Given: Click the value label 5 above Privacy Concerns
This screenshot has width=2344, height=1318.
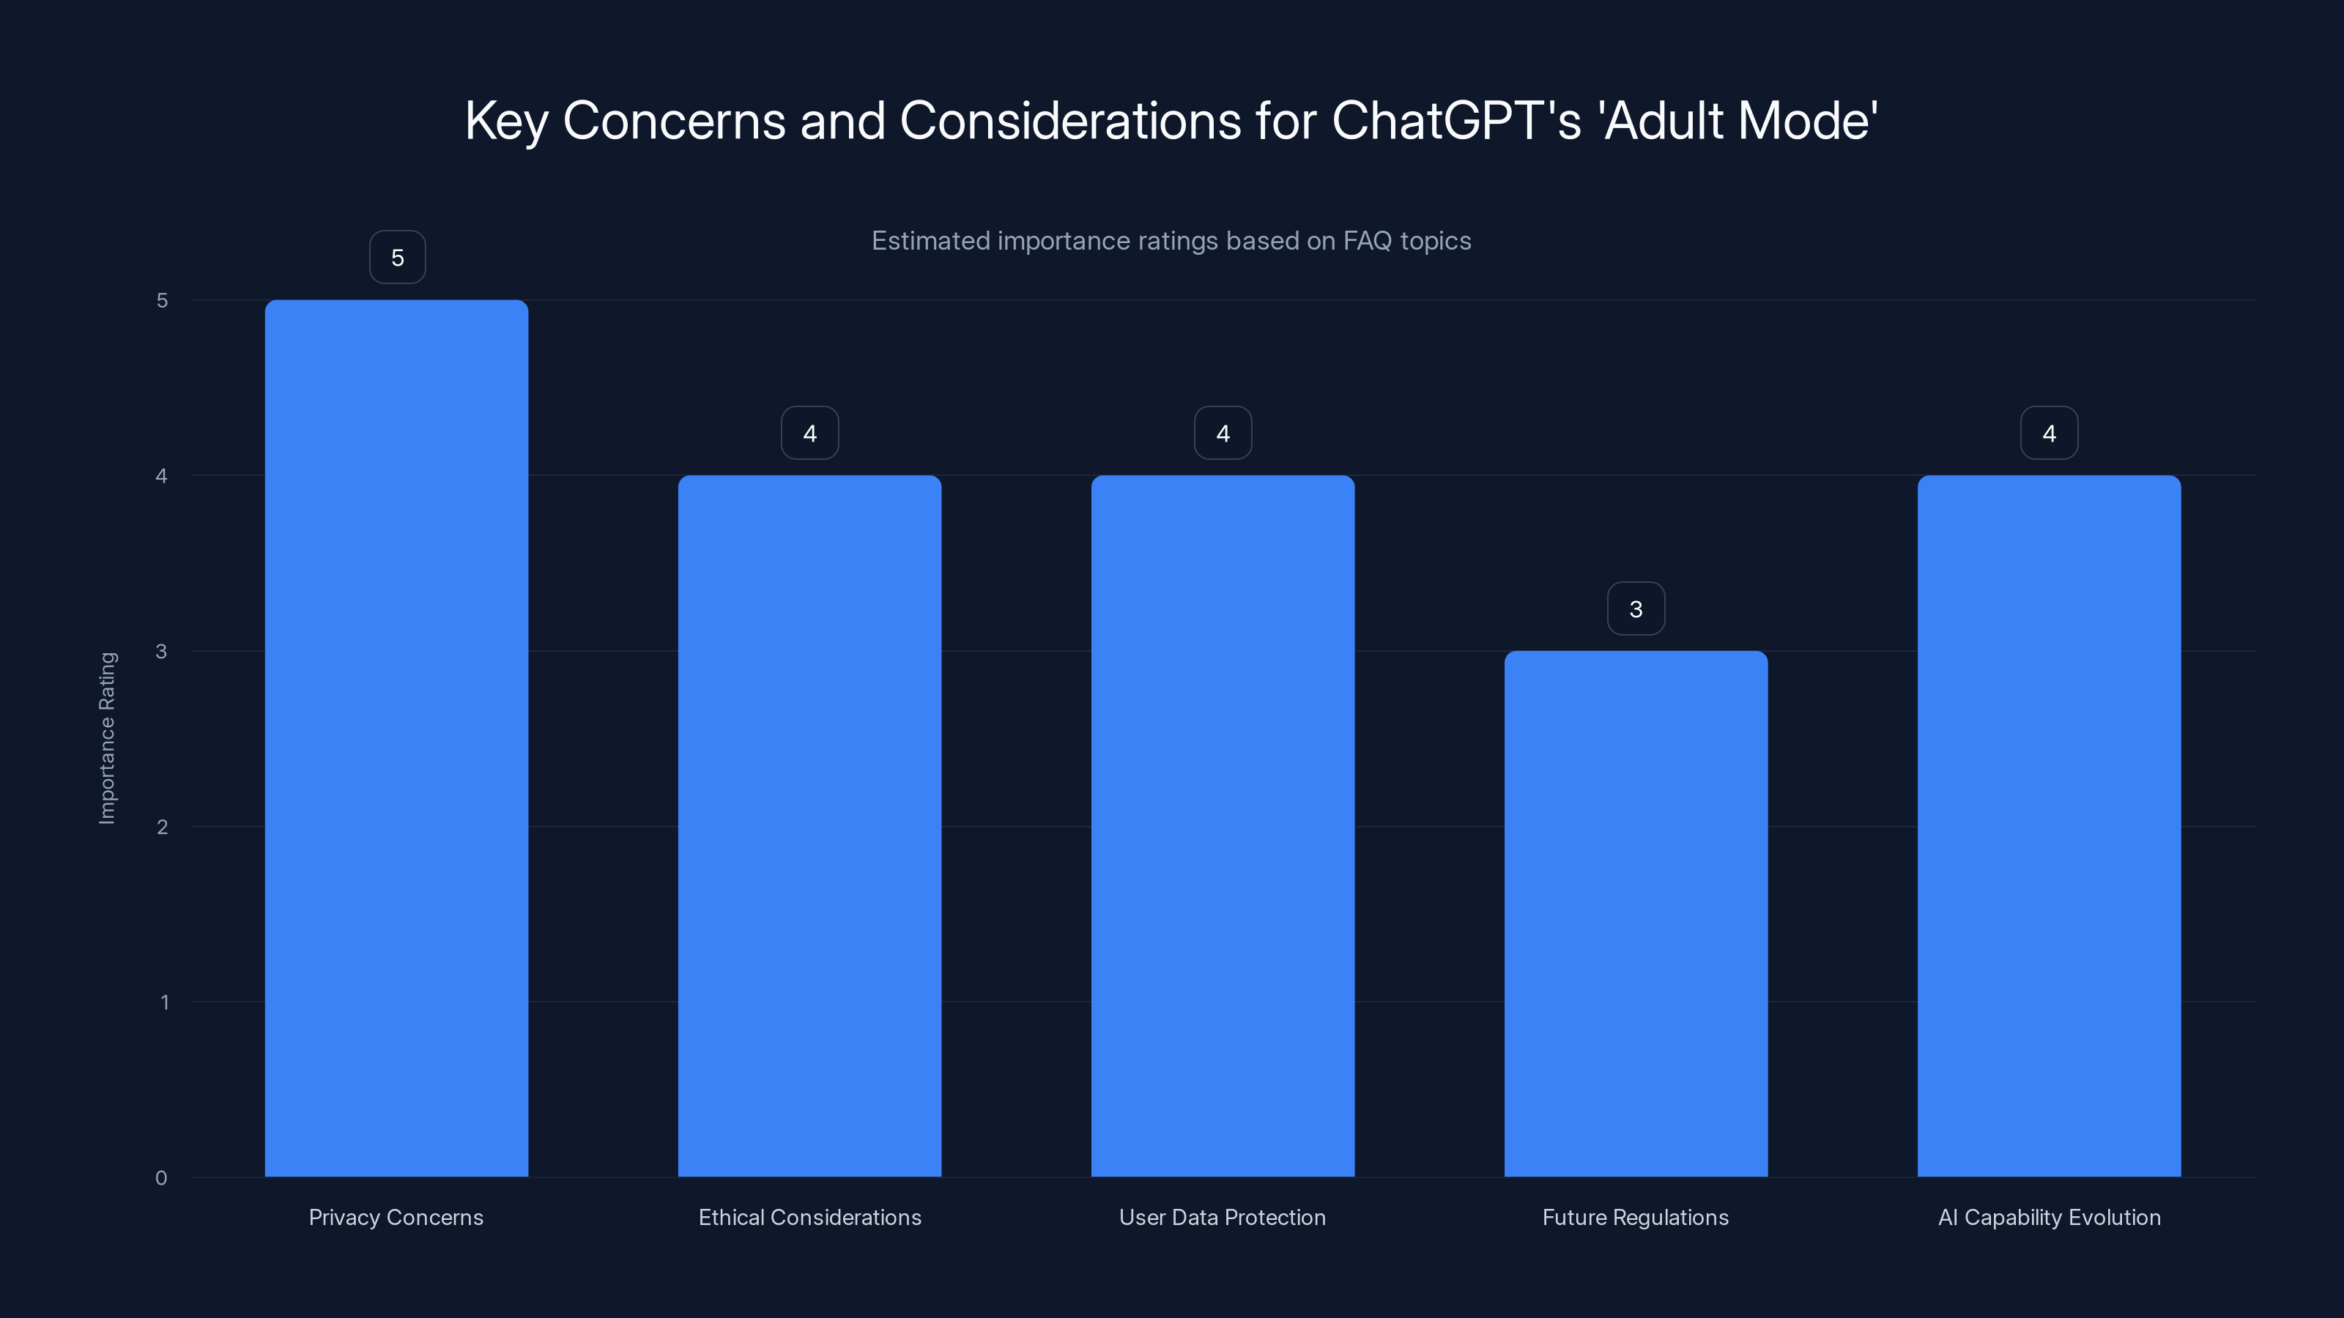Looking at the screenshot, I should click(398, 258).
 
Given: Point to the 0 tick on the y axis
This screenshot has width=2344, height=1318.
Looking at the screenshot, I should click(161, 1178).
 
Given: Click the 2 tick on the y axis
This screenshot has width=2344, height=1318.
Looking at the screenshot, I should click(162, 827).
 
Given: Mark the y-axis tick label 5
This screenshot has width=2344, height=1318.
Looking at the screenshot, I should click(162, 300).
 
